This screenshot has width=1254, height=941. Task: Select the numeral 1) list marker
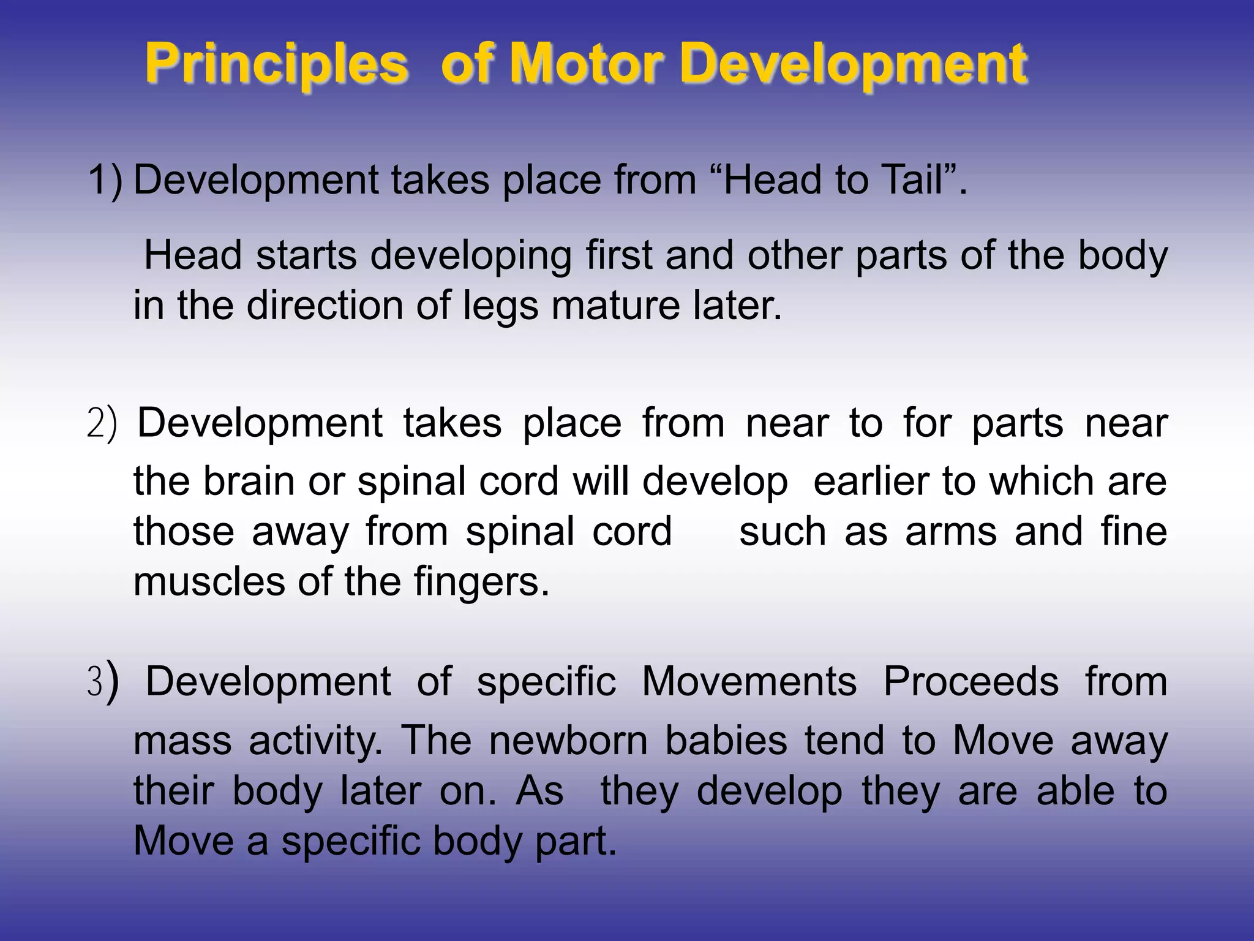[105, 180]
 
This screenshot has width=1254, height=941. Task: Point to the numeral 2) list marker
[102, 424]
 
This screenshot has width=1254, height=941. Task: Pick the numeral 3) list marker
[102, 682]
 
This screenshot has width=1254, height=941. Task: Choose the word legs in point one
[500, 306]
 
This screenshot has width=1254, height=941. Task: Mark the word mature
[615, 306]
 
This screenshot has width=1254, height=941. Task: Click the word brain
[249, 480]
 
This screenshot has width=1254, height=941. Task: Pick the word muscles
[209, 581]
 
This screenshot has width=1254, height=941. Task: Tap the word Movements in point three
[749, 681]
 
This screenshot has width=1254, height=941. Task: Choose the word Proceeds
[971, 681]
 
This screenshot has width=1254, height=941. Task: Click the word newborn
[568, 740]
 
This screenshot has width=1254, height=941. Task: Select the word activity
[315, 740]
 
